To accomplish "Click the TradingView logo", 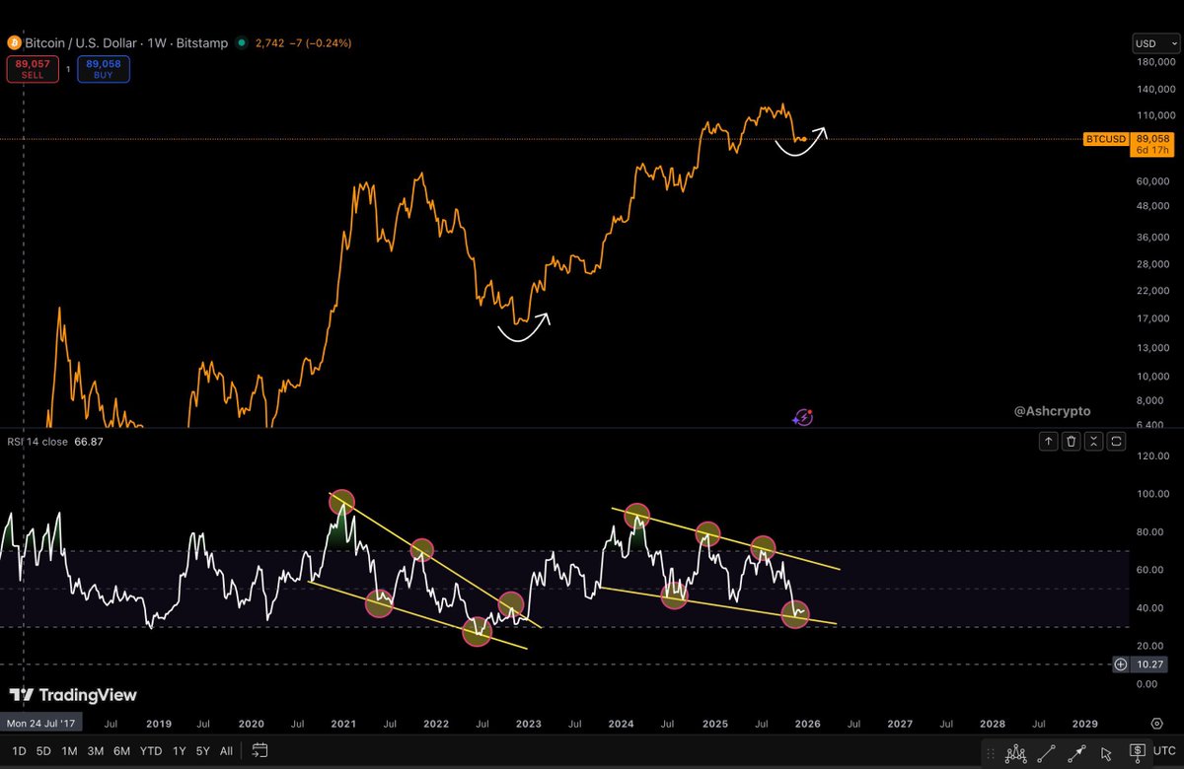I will [73, 695].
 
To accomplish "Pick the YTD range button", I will [151, 750].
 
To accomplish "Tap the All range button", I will [226, 750].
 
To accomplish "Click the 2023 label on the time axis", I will [529, 724].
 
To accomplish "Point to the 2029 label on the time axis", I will [1084, 724].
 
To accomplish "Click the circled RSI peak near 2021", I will [341, 503].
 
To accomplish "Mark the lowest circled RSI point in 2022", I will [478, 632].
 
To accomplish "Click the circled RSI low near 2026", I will [796, 614].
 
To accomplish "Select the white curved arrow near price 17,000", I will [523, 330].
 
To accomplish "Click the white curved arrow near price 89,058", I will [801, 143].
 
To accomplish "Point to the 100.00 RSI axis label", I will [1147, 494].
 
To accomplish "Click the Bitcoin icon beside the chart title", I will [14, 43].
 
